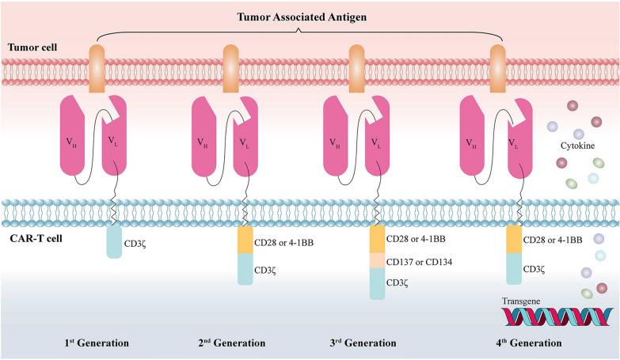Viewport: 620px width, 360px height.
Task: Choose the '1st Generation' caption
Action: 97,343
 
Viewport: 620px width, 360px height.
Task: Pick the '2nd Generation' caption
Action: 232,343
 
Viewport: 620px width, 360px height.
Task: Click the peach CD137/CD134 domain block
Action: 378,260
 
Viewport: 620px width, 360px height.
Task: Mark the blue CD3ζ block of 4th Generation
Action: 514,269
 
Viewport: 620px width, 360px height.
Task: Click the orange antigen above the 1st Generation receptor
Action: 97,63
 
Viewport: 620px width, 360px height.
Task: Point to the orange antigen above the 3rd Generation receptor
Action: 357,63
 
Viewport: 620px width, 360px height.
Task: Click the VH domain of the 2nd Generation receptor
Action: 208,135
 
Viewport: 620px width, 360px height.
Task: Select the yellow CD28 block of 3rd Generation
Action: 378,240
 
